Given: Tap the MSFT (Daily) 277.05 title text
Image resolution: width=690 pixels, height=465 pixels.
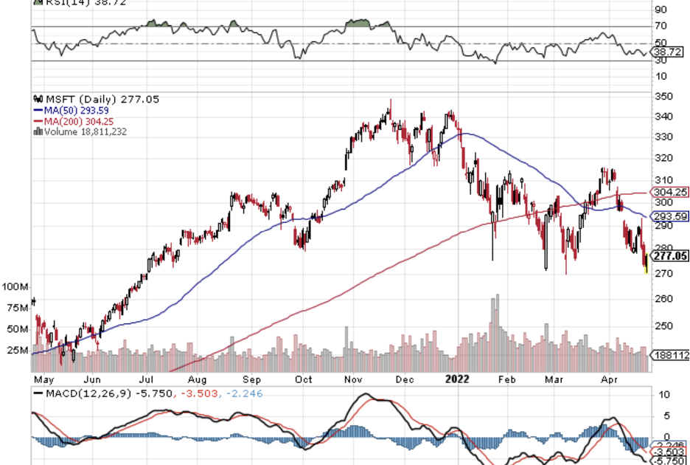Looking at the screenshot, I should pos(97,99).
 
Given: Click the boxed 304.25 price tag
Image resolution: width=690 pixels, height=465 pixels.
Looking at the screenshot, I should pos(671,192).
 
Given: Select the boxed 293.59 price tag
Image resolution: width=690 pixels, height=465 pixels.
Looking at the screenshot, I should pos(671,217).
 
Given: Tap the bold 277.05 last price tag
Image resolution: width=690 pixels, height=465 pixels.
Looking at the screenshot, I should pos(671,256).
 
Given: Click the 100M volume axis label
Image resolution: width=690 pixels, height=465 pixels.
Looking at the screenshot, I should pos(15,286).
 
